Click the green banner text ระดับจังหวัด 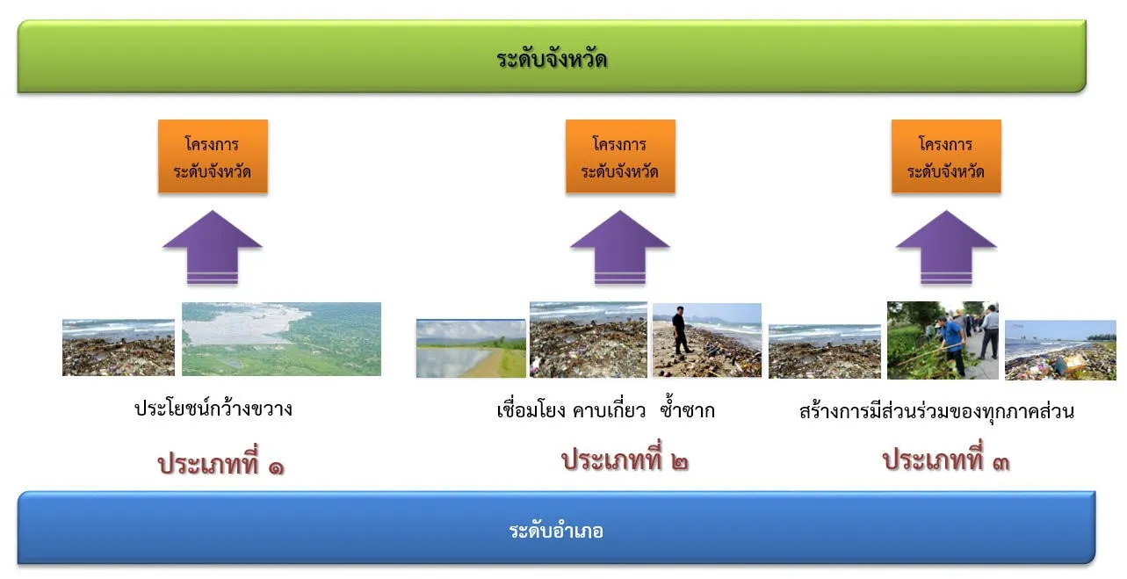click(x=552, y=59)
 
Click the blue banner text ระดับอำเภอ click(x=556, y=531)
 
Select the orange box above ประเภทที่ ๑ click(x=213, y=156)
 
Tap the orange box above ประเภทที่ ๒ click(x=620, y=156)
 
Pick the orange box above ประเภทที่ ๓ click(x=946, y=156)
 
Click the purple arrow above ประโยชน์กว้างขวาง click(x=213, y=248)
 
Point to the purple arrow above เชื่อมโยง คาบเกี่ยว click(x=620, y=248)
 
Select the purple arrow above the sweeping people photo click(x=946, y=248)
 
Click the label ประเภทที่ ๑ click(x=220, y=462)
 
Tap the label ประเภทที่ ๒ click(x=625, y=459)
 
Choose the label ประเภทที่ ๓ click(x=946, y=459)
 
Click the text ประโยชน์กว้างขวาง click(x=213, y=409)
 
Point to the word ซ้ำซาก click(x=687, y=409)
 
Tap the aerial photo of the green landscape click(x=282, y=339)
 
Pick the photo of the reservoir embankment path click(x=471, y=348)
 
